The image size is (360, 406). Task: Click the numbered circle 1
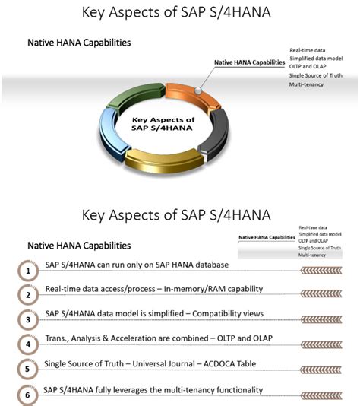pyautogui.click(x=27, y=271)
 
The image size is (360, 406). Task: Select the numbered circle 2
pyautogui.click(x=27, y=295)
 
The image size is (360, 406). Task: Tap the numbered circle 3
pyautogui.click(x=27, y=320)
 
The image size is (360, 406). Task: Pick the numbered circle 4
pyautogui.click(x=27, y=344)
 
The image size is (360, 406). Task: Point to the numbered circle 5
pyautogui.click(x=27, y=370)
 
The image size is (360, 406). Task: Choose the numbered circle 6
pyautogui.click(x=27, y=395)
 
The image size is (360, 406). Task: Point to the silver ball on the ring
pyautogui.click(x=197, y=90)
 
